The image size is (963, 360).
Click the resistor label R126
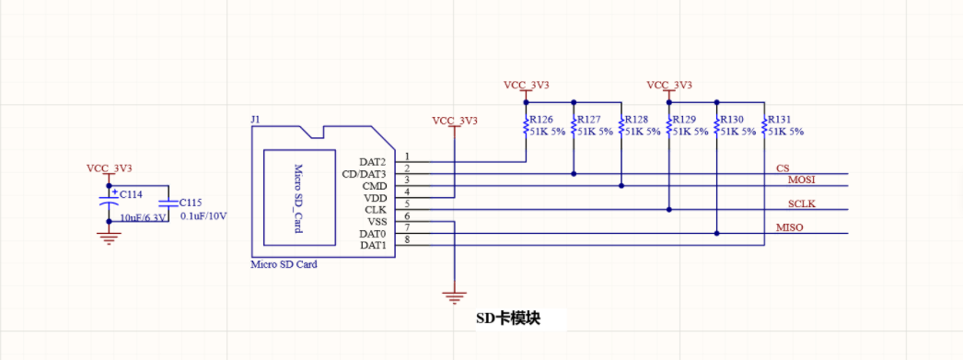click(x=541, y=120)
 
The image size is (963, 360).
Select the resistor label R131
click(x=779, y=120)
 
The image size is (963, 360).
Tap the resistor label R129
click(x=684, y=120)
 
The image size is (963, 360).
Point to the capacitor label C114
click(x=131, y=194)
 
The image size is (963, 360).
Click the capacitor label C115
click(x=191, y=202)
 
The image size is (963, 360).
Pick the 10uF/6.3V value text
click(x=144, y=217)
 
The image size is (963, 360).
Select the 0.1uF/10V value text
click(x=203, y=216)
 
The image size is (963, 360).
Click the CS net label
click(x=783, y=168)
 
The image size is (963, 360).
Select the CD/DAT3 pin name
click(x=364, y=174)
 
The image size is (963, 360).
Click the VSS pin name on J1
click(x=377, y=222)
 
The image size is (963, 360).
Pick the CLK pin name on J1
click(x=375, y=210)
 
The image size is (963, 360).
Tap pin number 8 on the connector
click(x=407, y=240)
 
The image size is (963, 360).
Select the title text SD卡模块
click(x=507, y=319)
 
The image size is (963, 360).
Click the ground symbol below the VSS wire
click(x=452, y=296)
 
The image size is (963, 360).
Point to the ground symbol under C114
click(x=110, y=238)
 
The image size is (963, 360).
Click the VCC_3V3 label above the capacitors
click(x=110, y=168)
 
